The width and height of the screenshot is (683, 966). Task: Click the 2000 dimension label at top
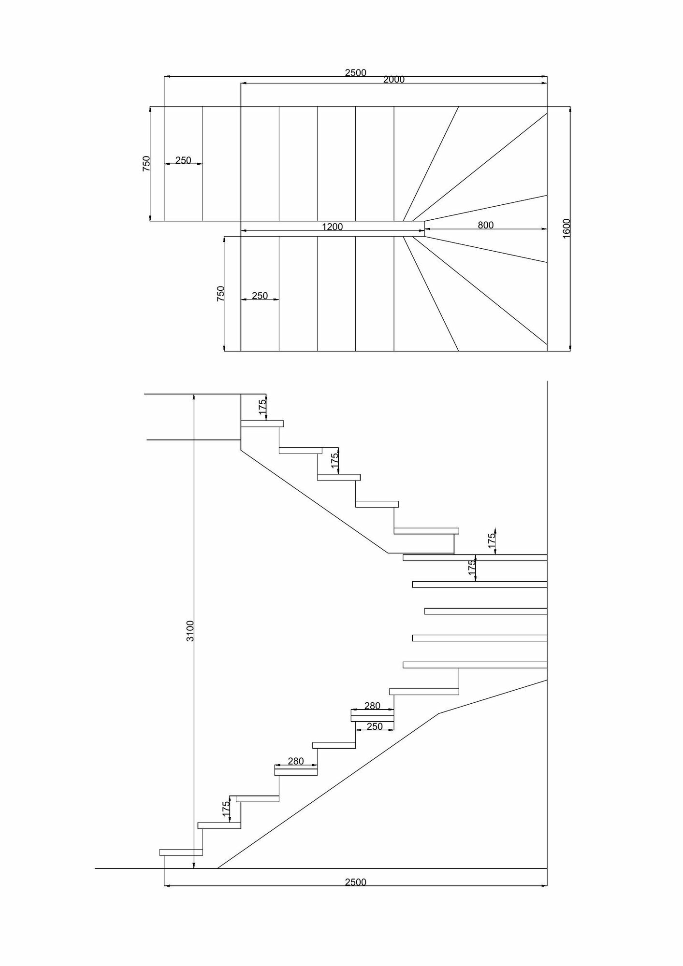point(393,80)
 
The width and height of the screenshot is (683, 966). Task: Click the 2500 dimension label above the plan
point(355,72)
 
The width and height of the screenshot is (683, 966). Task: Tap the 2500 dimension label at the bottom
point(355,882)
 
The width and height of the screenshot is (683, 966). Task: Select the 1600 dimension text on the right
point(567,227)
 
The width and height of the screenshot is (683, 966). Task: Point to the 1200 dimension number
point(332,227)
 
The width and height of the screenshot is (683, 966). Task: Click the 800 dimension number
point(485,225)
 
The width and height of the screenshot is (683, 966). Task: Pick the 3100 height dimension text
point(190,631)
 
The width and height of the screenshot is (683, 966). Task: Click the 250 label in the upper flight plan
point(183,160)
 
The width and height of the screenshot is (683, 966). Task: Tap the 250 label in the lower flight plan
point(260,296)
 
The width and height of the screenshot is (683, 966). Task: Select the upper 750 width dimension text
point(146,163)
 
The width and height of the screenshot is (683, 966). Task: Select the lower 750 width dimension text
point(220,294)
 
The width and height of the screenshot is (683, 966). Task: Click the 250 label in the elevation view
point(375,726)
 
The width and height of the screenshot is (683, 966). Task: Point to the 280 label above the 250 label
point(372,706)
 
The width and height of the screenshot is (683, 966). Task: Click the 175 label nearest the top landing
point(262,407)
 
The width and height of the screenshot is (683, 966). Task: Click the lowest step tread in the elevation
point(181,852)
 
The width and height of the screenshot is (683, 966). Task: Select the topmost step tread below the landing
point(262,424)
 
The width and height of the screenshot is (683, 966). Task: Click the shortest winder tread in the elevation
point(485,611)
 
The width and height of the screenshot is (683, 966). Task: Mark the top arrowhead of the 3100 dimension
point(194,397)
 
